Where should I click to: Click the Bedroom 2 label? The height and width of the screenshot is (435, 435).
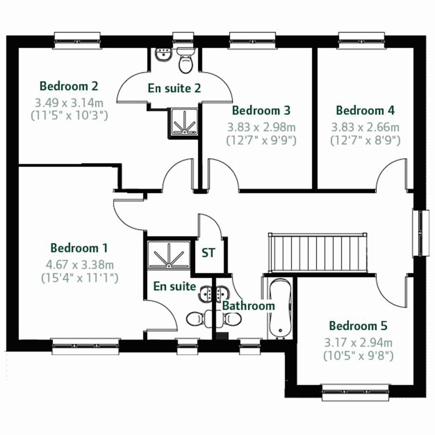tap(69, 86)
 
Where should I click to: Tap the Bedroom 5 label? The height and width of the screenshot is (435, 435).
tap(358, 326)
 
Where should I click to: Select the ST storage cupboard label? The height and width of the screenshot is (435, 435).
tap(208, 253)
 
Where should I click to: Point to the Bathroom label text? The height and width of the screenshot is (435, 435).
tap(248, 306)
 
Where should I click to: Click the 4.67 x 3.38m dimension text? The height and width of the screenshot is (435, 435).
tap(80, 264)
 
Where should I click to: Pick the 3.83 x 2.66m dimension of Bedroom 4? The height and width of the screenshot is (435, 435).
tap(365, 127)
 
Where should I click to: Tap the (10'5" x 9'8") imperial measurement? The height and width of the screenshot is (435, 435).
tap(358, 356)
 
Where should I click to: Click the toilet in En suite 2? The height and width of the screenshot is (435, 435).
tap(186, 62)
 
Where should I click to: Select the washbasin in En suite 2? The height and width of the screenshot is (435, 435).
tap(163, 55)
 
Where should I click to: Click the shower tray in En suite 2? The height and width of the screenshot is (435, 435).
tap(183, 121)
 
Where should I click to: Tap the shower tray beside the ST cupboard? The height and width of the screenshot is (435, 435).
tap(169, 255)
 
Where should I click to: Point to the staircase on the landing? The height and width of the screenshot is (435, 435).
tap(318, 253)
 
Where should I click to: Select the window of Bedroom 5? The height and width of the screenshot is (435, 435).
tap(356, 393)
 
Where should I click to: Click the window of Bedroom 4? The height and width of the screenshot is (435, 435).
tap(361, 40)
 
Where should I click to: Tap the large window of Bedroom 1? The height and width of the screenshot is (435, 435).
tap(86, 347)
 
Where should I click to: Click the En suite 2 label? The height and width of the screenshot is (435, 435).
tap(174, 88)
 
